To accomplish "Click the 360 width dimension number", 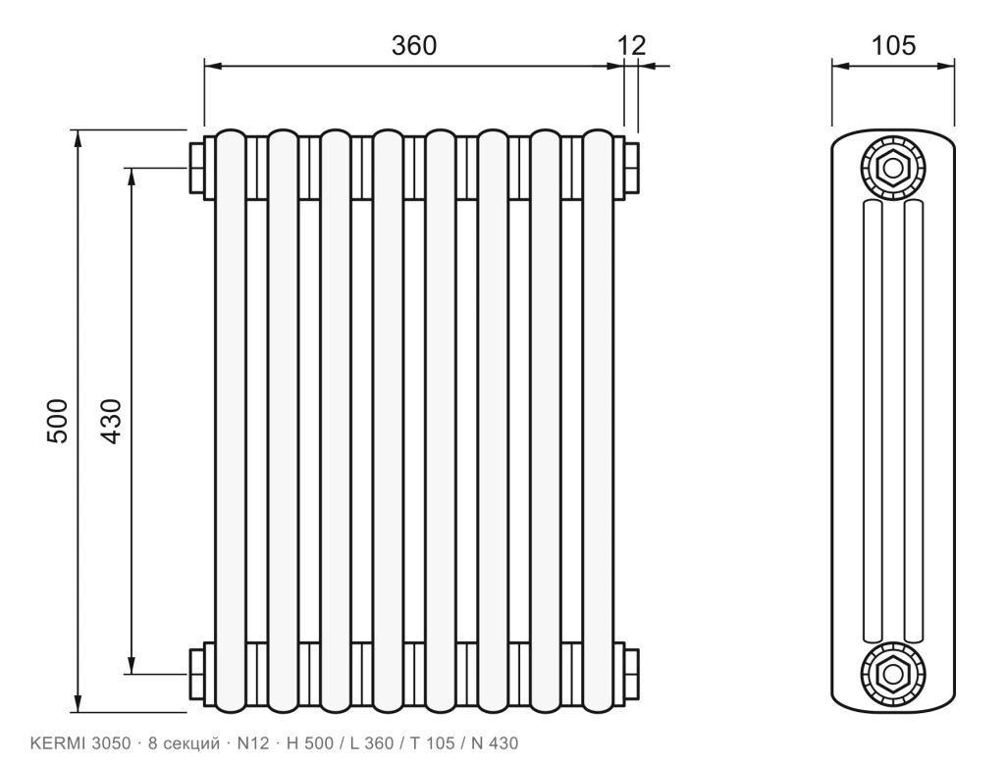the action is [414, 45].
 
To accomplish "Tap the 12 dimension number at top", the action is [631, 45].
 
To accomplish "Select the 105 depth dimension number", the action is [893, 45].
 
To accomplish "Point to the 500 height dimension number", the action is [57, 421].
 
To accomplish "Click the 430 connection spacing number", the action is [111, 421].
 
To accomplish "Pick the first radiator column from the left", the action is [231, 421].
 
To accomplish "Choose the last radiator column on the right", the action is [599, 421].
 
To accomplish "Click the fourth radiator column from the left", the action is [389, 421].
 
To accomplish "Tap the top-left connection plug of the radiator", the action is [196, 168].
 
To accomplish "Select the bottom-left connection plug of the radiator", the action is [196, 674].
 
